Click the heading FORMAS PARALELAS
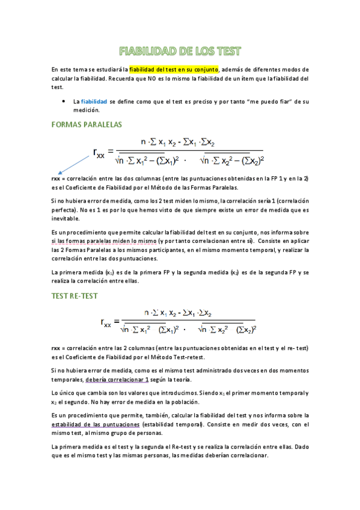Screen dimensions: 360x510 (x=87, y=124)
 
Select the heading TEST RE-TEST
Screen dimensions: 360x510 (x=75, y=296)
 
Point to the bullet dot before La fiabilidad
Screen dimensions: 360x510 (x=64, y=102)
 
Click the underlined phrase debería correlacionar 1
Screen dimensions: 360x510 (x=117, y=380)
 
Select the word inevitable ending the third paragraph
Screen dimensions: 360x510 (x=70, y=218)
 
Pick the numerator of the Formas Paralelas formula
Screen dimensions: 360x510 (x=181, y=142)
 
